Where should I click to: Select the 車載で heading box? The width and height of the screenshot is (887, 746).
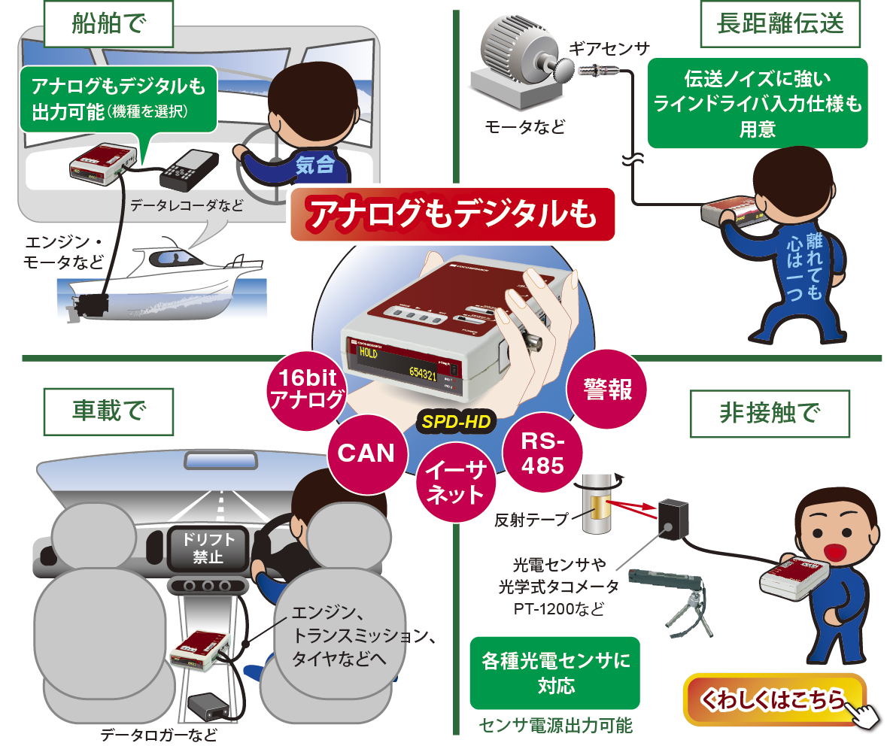click(x=108, y=412)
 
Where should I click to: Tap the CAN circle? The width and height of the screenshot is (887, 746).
click(x=366, y=453)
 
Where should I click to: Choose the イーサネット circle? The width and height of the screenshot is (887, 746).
click(x=455, y=483)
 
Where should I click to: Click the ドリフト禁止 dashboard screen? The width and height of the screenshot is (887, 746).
click(x=204, y=548)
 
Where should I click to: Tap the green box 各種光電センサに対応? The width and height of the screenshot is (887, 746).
click(x=554, y=673)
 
